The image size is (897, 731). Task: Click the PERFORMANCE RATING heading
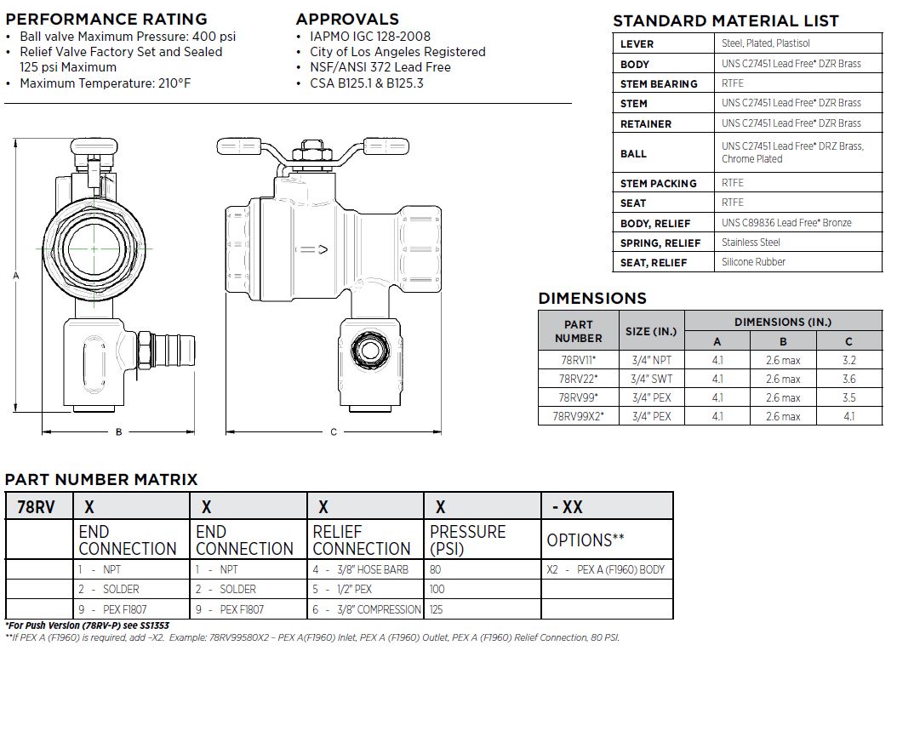tap(106, 19)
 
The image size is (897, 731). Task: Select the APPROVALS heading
tap(347, 19)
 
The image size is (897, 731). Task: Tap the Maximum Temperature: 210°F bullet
tap(105, 83)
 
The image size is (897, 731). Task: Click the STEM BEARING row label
tap(659, 83)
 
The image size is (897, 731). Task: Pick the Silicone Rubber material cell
tap(753, 262)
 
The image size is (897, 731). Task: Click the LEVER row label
tap(637, 43)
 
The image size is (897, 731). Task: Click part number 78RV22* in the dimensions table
tap(578, 379)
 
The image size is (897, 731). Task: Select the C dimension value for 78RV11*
tap(848, 360)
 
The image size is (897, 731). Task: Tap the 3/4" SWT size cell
tap(651, 379)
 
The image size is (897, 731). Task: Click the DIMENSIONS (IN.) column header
tap(782, 322)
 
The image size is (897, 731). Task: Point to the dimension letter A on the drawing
tap(15, 276)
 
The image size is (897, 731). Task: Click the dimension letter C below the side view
tap(334, 432)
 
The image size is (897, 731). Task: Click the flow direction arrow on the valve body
tap(312, 249)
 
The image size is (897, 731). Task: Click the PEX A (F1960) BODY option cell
tap(605, 569)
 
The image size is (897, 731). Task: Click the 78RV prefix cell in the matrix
tap(37, 507)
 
